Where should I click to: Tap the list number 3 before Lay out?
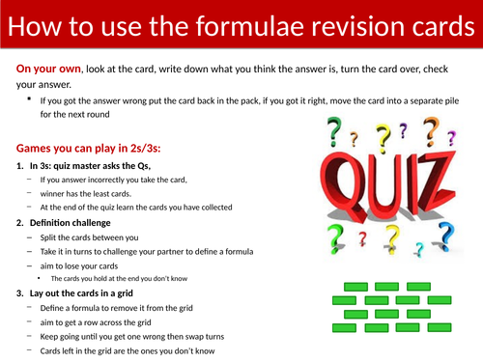[20, 292]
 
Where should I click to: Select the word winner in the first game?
[55, 193]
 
